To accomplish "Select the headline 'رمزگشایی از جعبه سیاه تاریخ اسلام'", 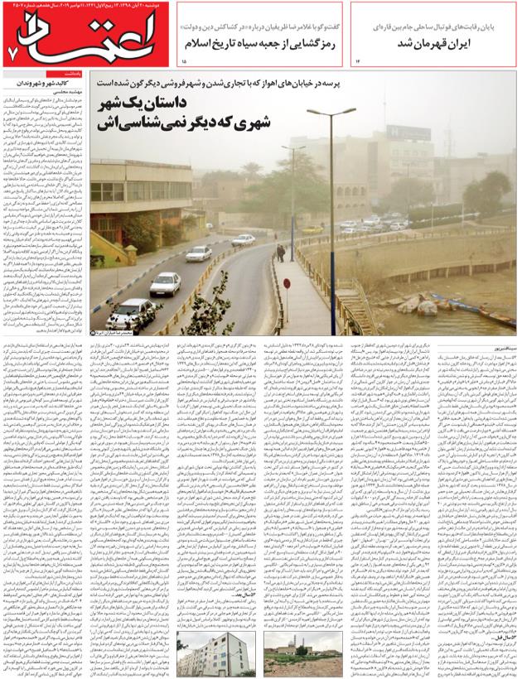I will point(263,42).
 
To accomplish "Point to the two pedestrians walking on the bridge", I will point(281,252).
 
